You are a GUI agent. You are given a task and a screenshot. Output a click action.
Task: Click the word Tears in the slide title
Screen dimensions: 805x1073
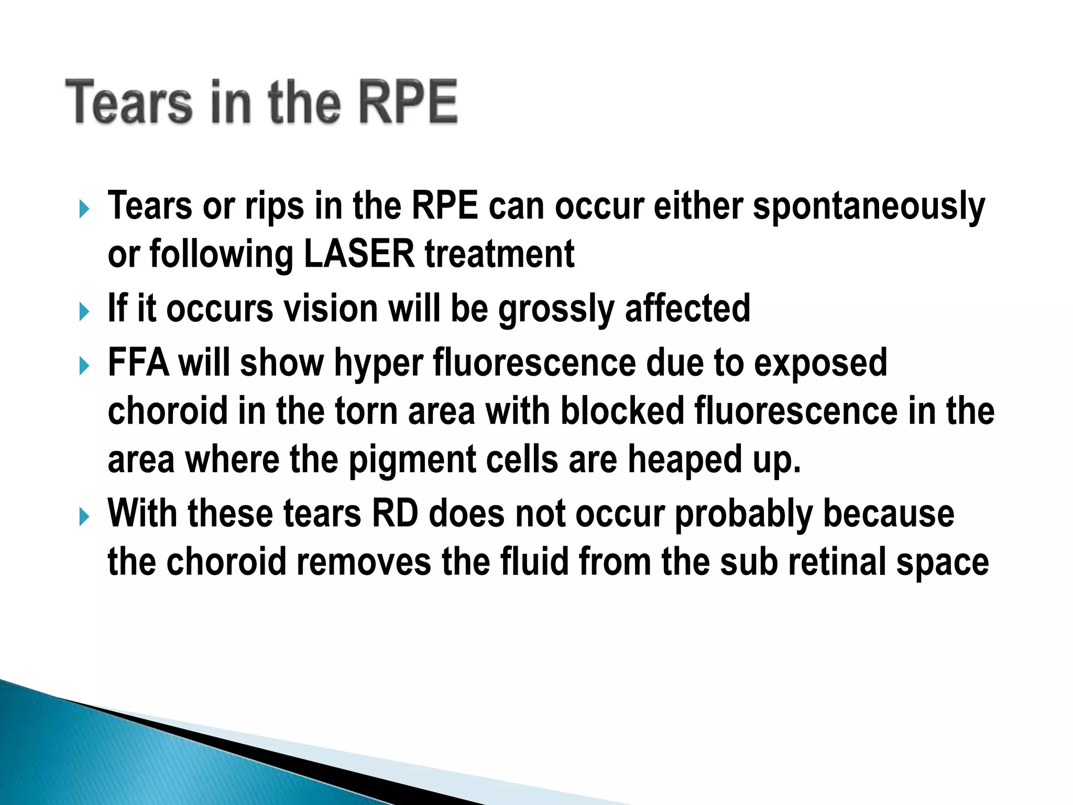click(129, 102)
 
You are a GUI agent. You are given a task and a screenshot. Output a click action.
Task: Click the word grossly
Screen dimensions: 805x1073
click(556, 309)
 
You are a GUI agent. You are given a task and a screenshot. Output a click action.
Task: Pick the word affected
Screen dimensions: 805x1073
click(687, 308)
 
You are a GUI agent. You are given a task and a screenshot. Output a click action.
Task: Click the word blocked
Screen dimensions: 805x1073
click(622, 411)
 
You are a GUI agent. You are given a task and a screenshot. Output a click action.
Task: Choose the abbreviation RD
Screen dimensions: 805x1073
click(396, 514)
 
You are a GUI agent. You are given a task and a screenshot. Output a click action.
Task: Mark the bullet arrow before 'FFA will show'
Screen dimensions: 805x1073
click(84, 366)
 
